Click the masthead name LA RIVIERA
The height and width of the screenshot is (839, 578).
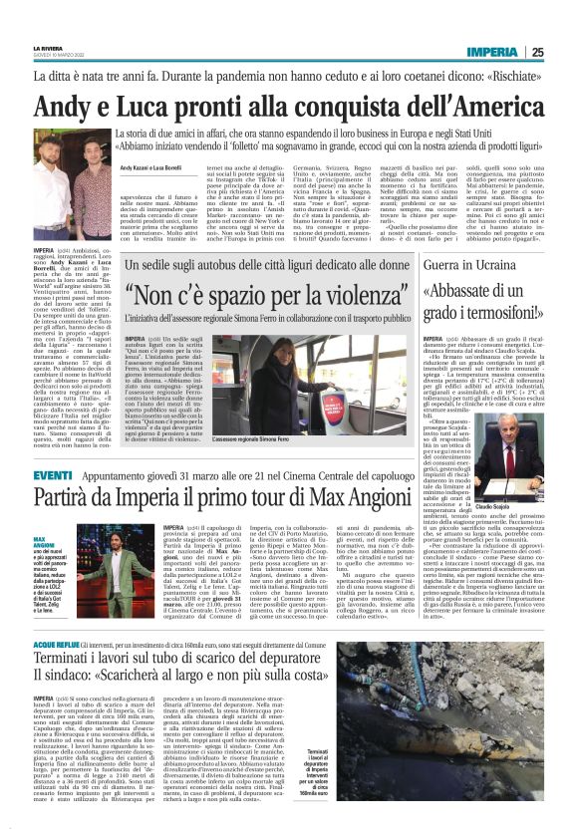click(x=48, y=48)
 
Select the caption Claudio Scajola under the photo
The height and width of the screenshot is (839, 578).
click(x=515, y=507)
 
